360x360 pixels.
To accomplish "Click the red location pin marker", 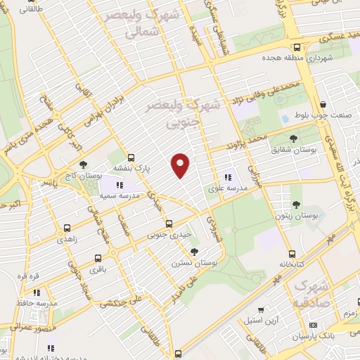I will (181, 165).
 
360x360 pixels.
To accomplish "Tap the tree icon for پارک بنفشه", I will (131, 157).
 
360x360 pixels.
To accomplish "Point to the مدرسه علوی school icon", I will (227, 178).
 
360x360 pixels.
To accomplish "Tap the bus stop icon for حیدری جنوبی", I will (168, 224).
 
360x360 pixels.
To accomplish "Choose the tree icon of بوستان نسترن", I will (194, 251).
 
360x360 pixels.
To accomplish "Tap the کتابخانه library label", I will (290, 265).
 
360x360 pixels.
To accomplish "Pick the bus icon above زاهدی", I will (67, 228).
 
